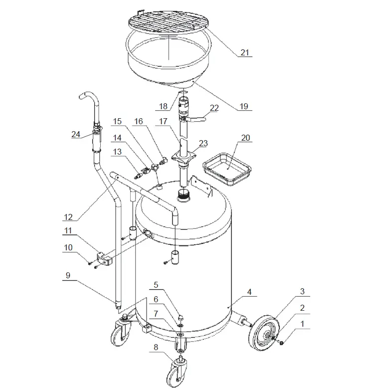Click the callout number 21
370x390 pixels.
(x=245, y=52)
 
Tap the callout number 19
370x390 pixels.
(x=245, y=106)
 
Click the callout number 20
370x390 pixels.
(x=246, y=138)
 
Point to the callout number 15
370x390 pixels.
(x=117, y=121)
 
